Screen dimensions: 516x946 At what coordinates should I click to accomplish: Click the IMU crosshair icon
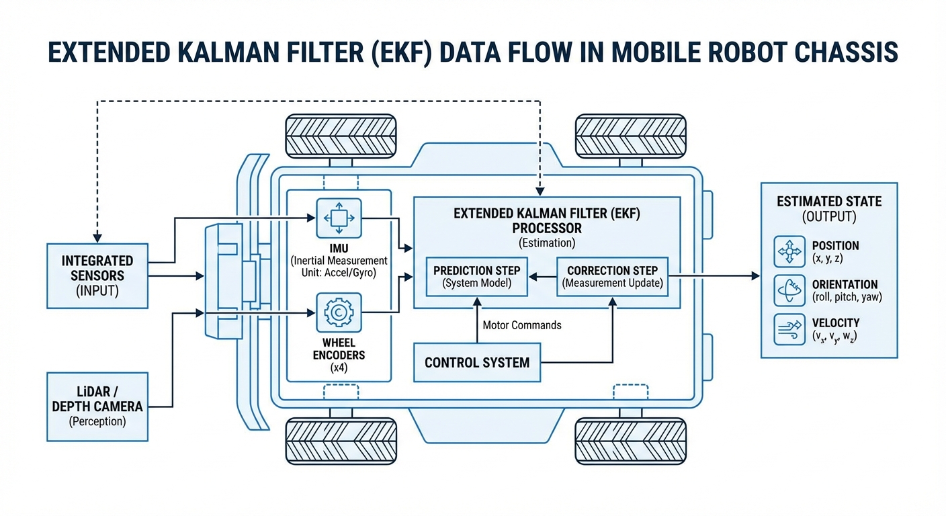(339, 218)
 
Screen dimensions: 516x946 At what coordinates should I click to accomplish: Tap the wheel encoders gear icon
(339, 312)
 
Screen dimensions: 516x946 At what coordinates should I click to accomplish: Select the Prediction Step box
(476, 276)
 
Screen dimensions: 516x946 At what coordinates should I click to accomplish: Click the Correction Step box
(612, 276)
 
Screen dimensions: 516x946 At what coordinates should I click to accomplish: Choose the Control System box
(477, 363)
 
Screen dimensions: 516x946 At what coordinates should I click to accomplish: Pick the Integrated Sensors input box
(97, 275)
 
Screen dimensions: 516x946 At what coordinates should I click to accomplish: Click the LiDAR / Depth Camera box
(97, 406)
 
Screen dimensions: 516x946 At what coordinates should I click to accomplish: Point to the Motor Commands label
(522, 325)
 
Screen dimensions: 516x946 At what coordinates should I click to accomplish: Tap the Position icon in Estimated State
(789, 252)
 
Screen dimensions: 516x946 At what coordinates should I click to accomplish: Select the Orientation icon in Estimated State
(789, 290)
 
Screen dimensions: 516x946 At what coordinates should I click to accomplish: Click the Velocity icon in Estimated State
(789, 329)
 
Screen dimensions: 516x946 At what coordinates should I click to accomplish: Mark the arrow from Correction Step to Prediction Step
(541, 276)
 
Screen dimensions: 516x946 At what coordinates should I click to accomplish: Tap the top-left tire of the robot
(341, 136)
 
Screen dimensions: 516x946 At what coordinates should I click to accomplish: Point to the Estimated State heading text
(829, 202)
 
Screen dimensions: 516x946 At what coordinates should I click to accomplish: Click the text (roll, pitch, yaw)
(847, 297)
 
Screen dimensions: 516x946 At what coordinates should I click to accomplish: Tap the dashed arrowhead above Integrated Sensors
(97, 237)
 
